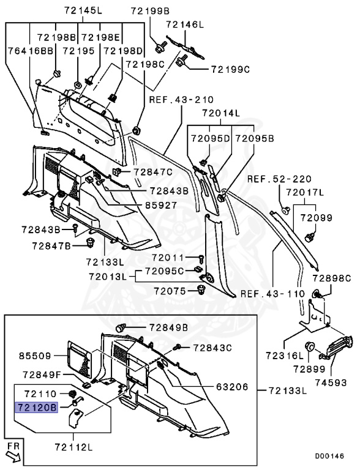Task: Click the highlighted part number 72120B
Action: coord(37,408)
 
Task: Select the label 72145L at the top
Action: coord(83,11)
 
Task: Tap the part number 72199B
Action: coord(150,11)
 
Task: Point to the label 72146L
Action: coord(185,24)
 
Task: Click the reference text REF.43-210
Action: coord(181,100)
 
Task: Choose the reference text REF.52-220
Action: coord(280,179)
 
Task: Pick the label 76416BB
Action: coord(30,51)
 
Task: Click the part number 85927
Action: coord(161,206)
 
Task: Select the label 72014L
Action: coord(221,113)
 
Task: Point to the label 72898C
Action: coord(331,278)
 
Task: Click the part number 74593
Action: coord(331,382)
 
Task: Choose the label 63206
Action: coord(232,387)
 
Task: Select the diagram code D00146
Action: coord(329,456)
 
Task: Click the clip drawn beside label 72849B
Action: coord(120,328)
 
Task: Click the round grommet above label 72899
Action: coord(310,347)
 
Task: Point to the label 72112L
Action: coord(74,447)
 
